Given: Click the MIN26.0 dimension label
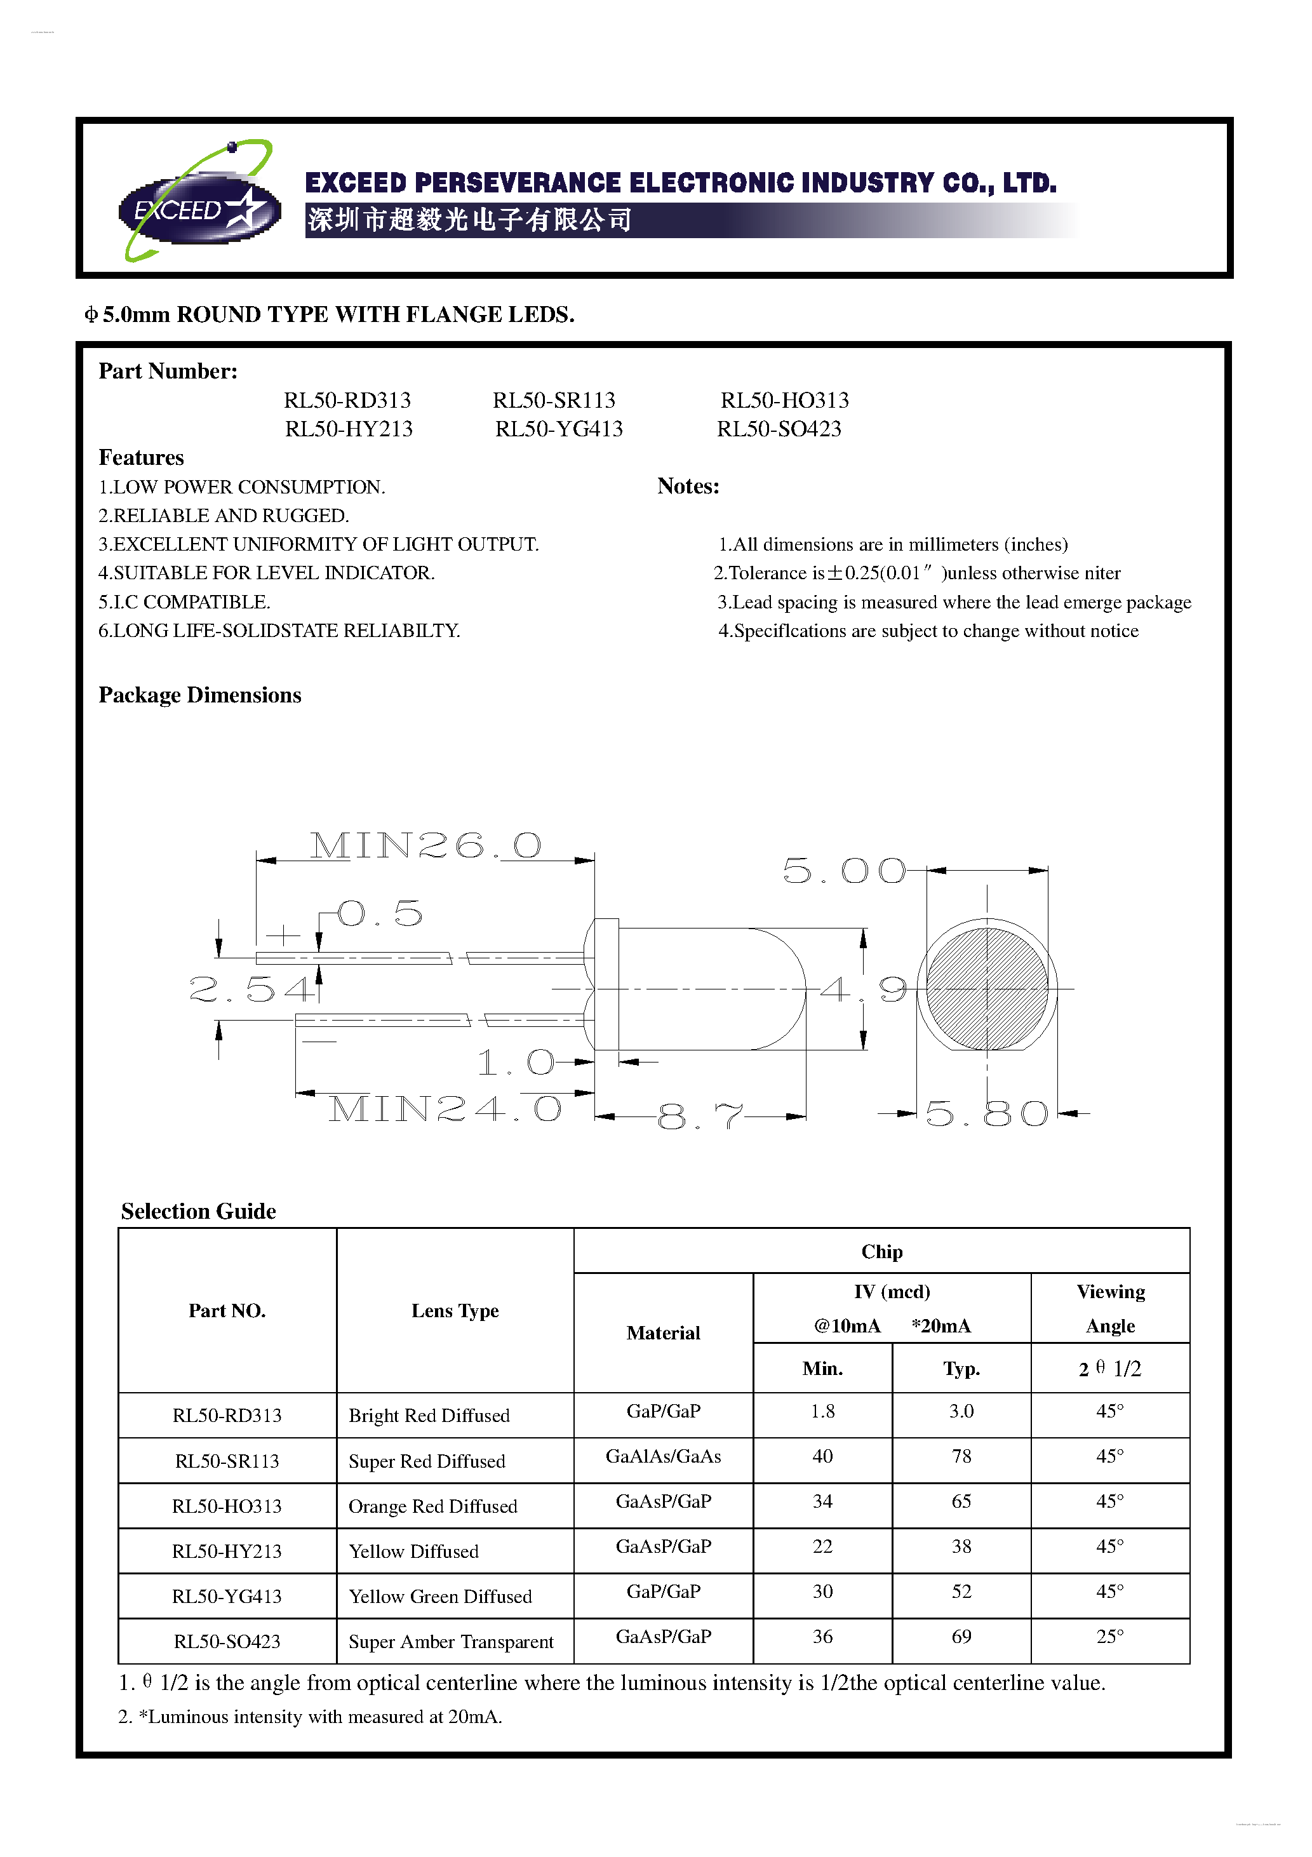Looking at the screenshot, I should tap(425, 846).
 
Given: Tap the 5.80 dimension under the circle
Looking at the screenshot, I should tap(987, 1115).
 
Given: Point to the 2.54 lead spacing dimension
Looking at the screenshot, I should tap(251, 989).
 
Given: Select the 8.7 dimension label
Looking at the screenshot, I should tap(700, 1117).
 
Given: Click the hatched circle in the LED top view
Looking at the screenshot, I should tap(987, 988).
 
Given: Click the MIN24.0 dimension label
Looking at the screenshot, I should tap(445, 1110).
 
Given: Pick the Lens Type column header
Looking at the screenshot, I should tap(455, 1311).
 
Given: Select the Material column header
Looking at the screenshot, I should tap(663, 1333).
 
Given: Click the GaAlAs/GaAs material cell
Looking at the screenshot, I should tap(663, 1457).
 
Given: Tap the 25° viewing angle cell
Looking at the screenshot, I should tap(1110, 1637).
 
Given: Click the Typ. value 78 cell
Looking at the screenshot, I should tap(961, 1457).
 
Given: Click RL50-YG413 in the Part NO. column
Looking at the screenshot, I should tap(227, 1597).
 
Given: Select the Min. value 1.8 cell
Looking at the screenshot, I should tap(822, 1411).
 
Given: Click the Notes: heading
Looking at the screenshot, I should tap(688, 486).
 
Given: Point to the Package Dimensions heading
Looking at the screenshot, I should tap(200, 695).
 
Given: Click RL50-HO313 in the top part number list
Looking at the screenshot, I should tap(785, 400).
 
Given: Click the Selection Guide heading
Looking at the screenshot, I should tap(199, 1212).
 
